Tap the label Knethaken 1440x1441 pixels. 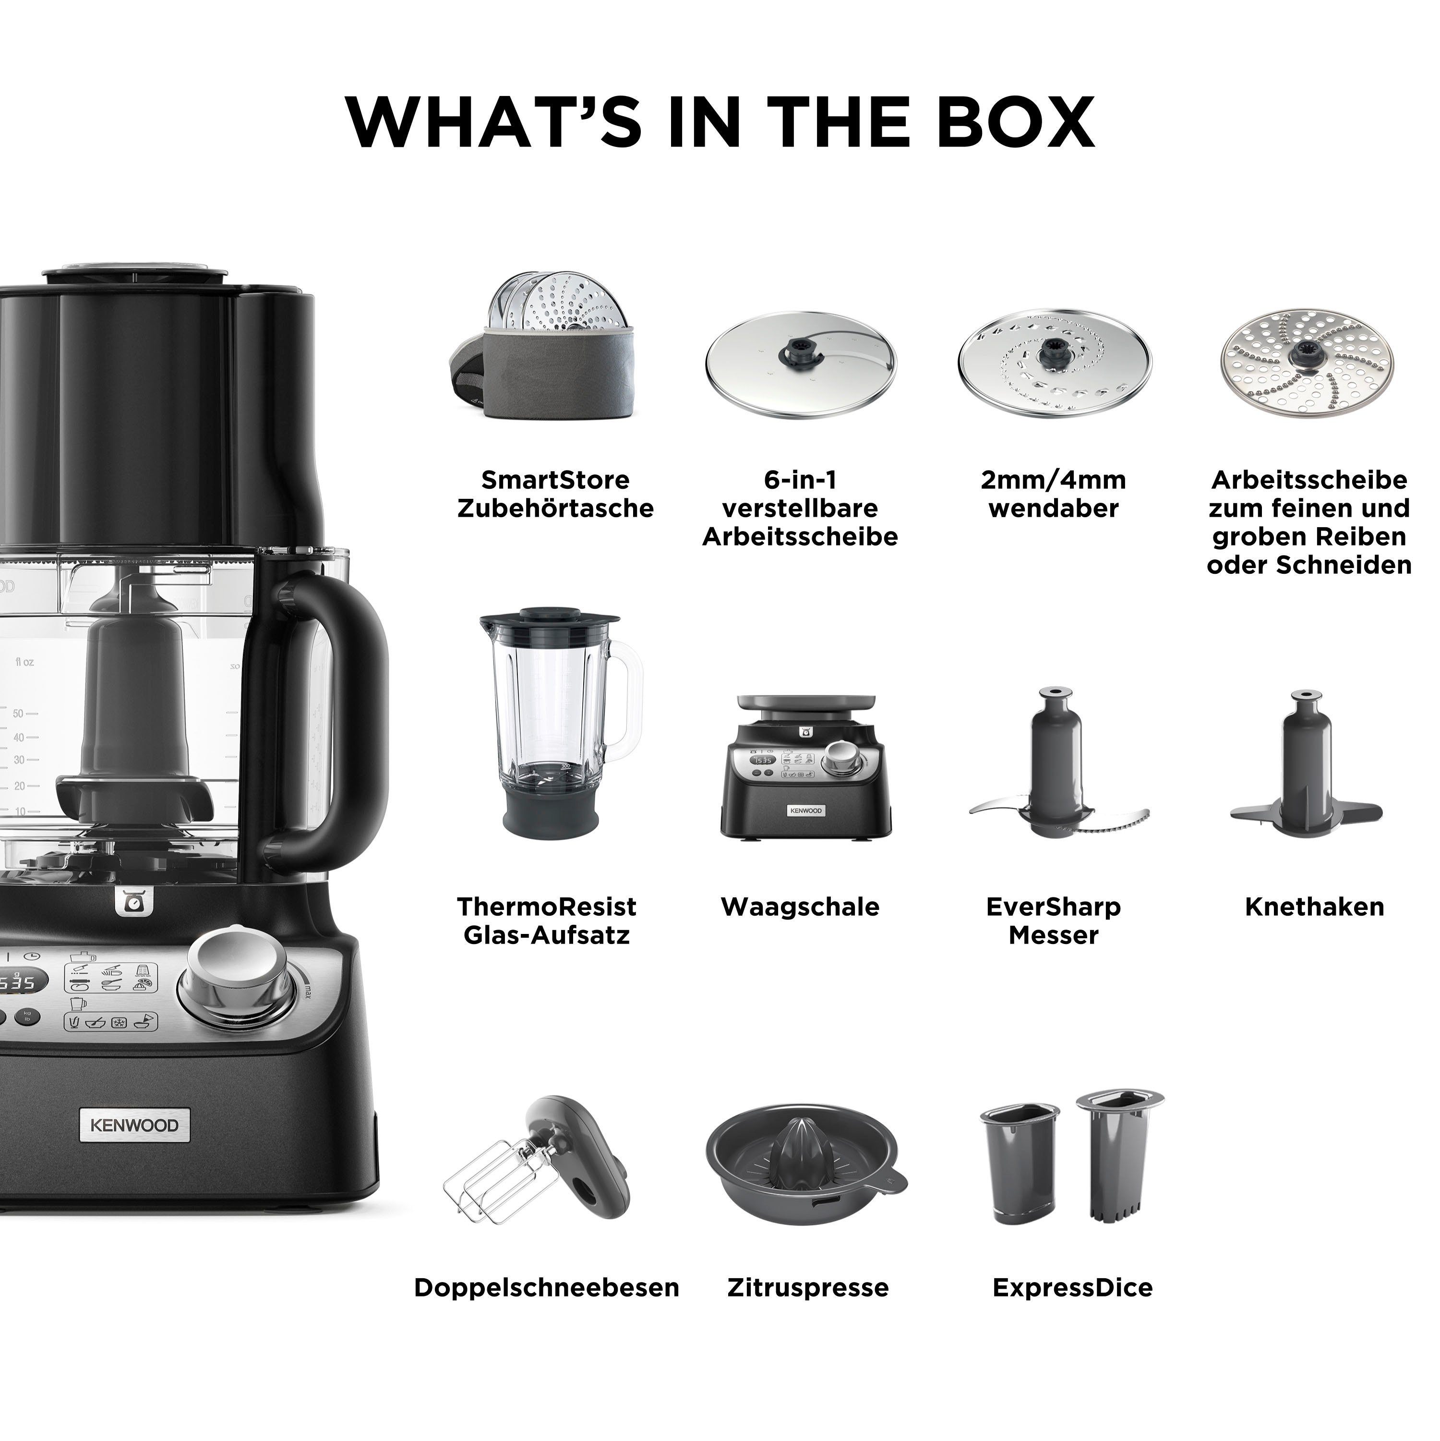[x=1314, y=907]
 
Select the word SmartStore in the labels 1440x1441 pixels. [x=555, y=480]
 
